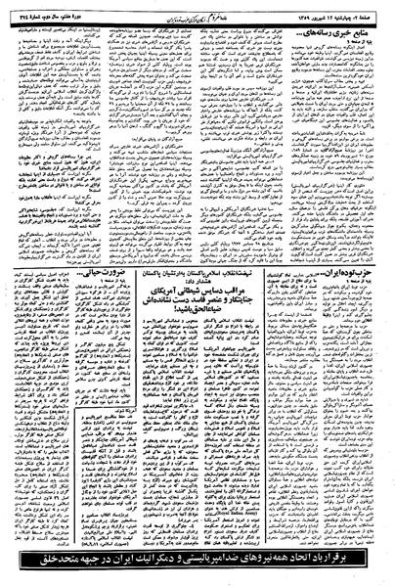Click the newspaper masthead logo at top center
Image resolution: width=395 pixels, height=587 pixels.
pos(195,10)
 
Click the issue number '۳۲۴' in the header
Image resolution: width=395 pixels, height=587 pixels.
pos(15,10)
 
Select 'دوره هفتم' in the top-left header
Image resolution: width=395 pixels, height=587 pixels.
pos(88,10)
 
